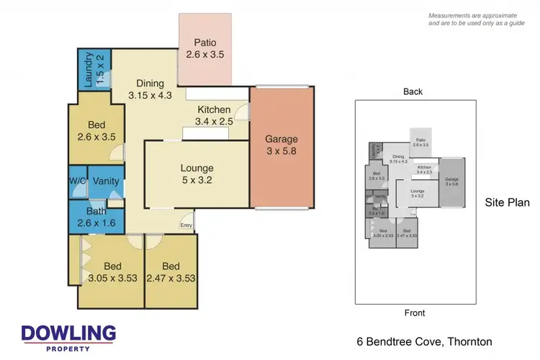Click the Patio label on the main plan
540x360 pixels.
click(x=205, y=48)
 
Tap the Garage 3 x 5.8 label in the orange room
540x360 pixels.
click(x=281, y=145)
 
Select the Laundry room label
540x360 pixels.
click(x=94, y=70)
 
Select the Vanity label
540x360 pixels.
click(x=106, y=181)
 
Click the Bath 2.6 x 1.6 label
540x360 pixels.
click(x=95, y=217)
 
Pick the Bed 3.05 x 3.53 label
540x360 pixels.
click(x=112, y=271)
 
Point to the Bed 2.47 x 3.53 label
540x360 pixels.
click(x=171, y=271)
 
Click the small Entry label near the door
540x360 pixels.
click(x=186, y=226)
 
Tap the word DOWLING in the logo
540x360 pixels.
click(x=68, y=333)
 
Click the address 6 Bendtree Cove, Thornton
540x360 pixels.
click(x=425, y=341)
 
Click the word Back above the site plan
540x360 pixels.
click(x=413, y=91)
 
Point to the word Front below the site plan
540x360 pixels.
click(x=414, y=313)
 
